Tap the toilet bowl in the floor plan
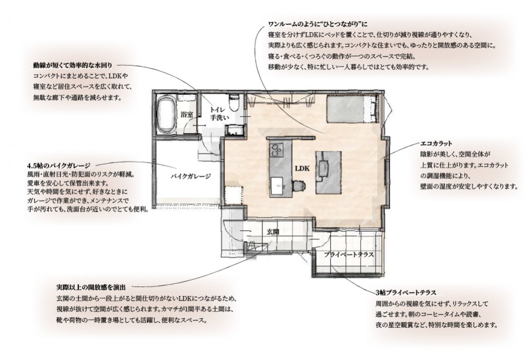(x=234, y=102)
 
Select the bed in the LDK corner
(x=351, y=109)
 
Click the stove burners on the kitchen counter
(x=277, y=150)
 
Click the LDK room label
(x=302, y=168)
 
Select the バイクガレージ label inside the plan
(x=190, y=176)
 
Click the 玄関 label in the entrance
(x=272, y=232)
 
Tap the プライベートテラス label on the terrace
(x=349, y=255)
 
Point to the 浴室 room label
(x=187, y=114)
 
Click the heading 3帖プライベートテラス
(x=406, y=292)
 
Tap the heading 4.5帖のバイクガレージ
(x=59, y=166)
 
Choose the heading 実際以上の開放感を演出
(x=91, y=287)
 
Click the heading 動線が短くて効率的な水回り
(x=72, y=65)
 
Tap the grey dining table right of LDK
(x=329, y=172)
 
